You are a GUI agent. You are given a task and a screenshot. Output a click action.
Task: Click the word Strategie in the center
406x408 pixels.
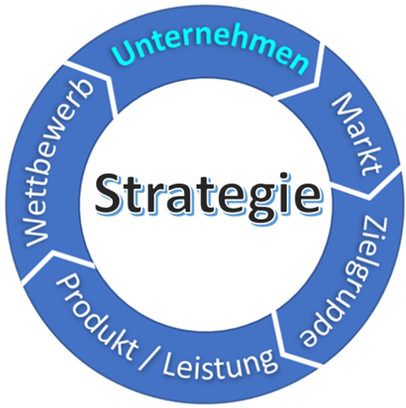(208, 196)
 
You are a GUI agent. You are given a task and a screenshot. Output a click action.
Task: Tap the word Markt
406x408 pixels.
(358, 134)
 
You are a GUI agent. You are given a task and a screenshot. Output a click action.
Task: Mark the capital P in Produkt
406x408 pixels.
(67, 284)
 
